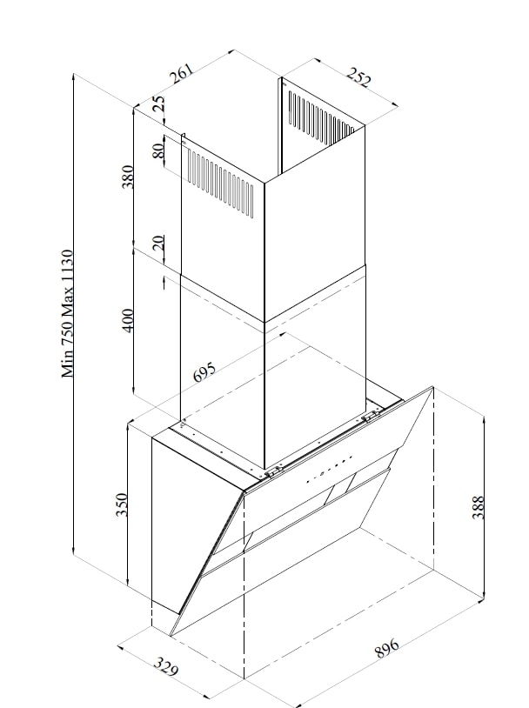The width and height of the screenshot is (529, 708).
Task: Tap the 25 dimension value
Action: click(158, 104)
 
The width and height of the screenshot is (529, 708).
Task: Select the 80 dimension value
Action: click(158, 150)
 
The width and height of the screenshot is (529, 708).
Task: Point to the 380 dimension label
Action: click(128, 177)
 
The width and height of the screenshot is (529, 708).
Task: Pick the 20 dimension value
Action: click(158, 244)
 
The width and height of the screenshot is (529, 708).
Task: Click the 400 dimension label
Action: click(128, 320)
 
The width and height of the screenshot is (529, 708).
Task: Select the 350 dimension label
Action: click(122, 505)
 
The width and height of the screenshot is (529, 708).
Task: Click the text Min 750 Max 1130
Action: click(68, 313)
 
